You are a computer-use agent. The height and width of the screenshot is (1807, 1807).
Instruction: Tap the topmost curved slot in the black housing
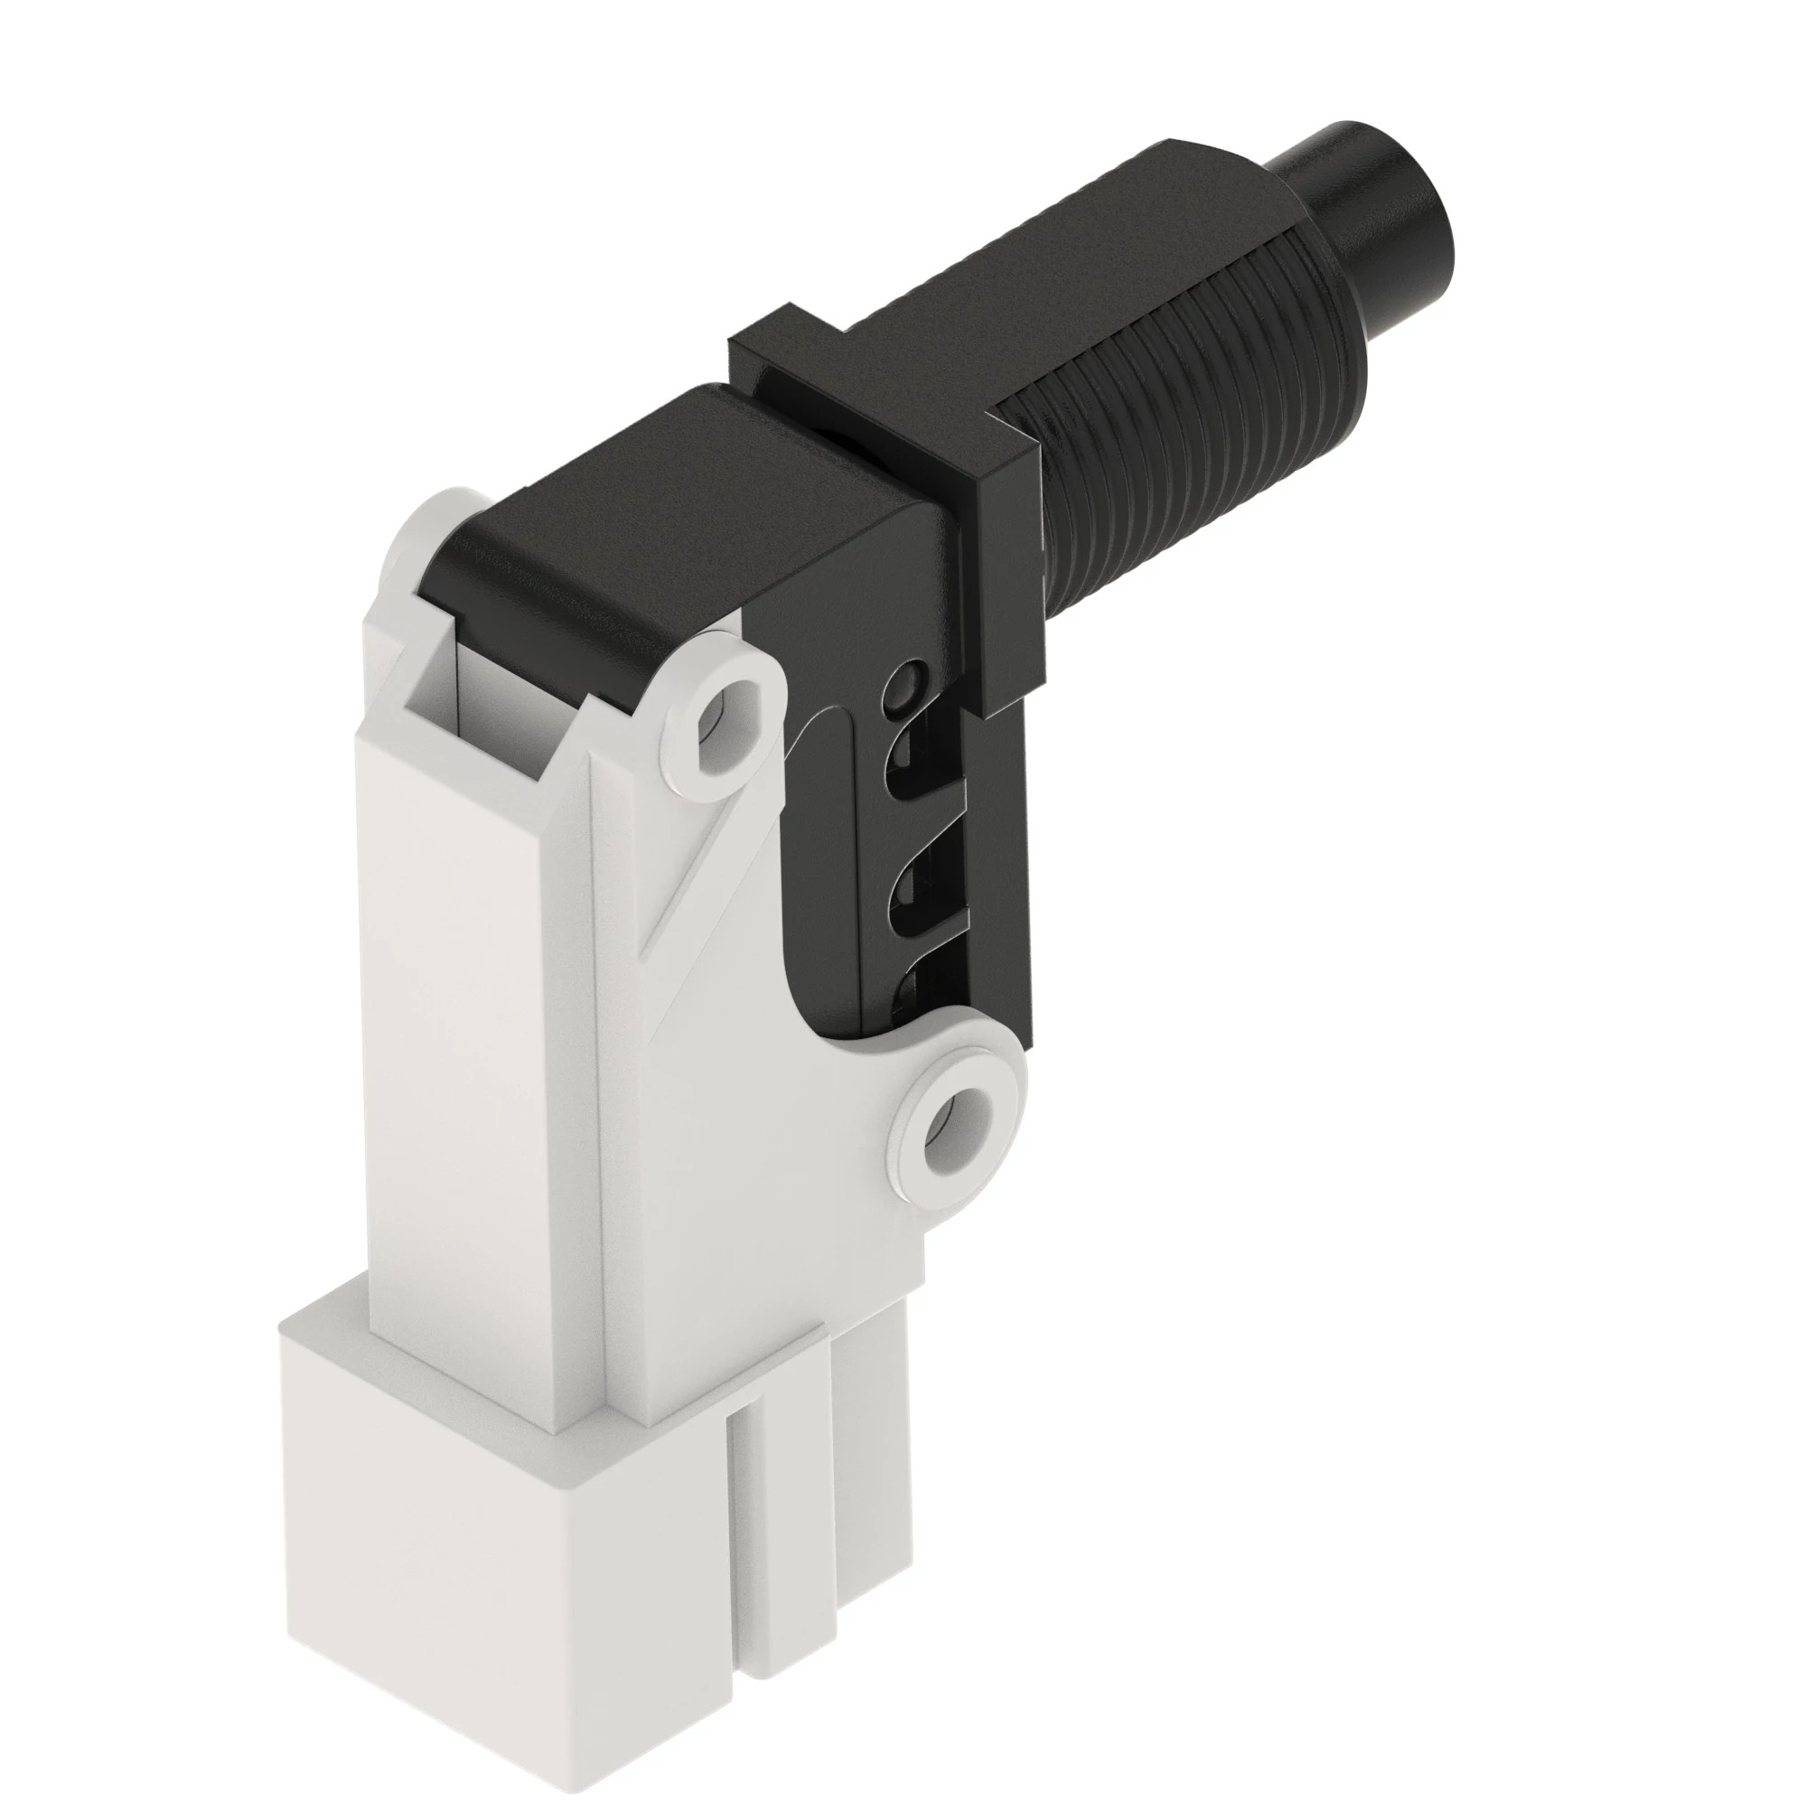tap(912, 748)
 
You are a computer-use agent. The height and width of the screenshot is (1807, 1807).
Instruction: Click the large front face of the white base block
tap(505, 1543)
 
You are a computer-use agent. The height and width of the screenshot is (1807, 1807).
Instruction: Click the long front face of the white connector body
tap(477, 1075)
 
